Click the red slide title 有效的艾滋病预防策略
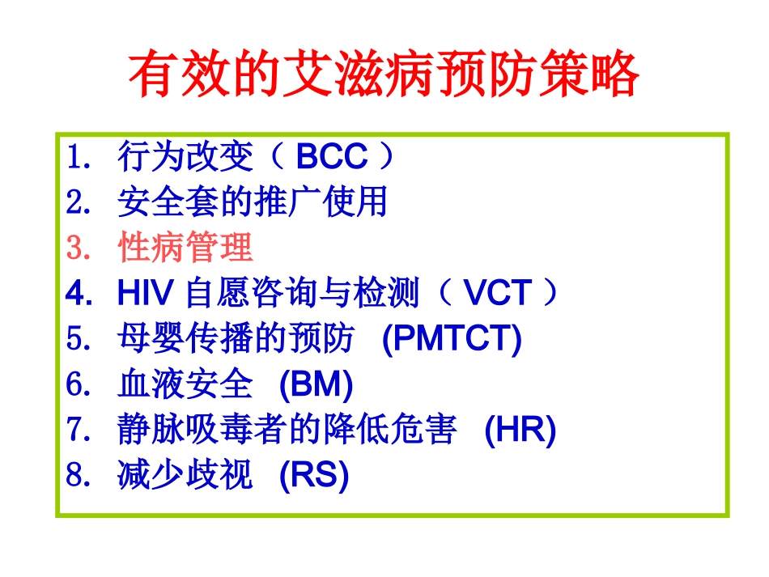[384, 76]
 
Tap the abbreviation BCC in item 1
[332, 157]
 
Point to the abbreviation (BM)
[316, 385]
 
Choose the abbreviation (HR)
[520, 431]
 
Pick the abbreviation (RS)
[313, 477]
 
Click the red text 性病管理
[185, 248]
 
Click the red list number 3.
[77, 248]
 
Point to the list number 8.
[77, 477]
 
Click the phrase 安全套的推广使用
[253, 202]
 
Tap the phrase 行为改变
[185, 157]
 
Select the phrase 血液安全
[185, 385]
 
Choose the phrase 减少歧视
[185, 477]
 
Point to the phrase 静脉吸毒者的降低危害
[287, 431]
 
